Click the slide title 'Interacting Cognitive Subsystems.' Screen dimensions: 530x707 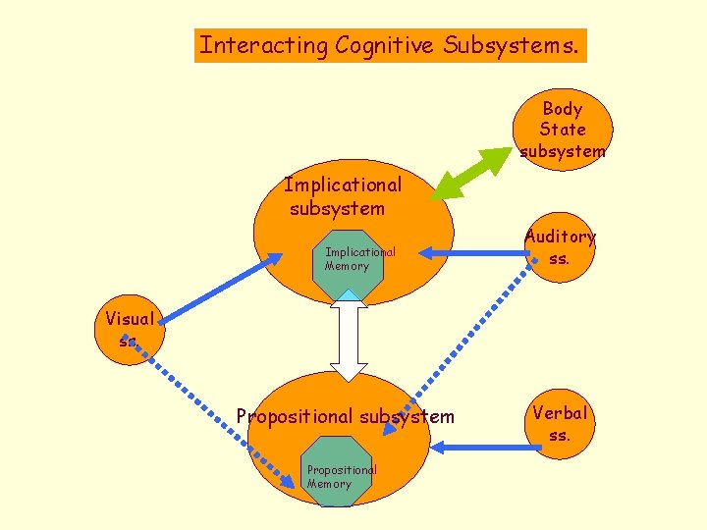[390, 45]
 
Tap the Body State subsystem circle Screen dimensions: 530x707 [563, 129]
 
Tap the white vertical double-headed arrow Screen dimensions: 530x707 [349, 339]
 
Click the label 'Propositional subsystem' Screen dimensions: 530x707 [346, 416]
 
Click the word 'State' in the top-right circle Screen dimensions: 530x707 [563, 130]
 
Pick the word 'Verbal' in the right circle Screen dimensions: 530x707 [559, 413]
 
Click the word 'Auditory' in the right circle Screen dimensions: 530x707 [560, 237]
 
